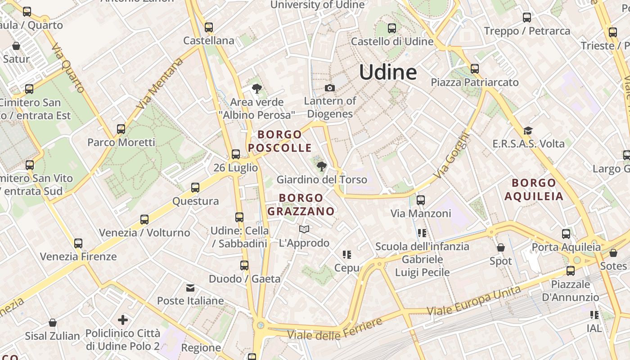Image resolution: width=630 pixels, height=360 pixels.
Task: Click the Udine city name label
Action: click(x=388, y=72)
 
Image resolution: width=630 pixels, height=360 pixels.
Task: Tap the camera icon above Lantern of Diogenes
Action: click(x=330, y=88)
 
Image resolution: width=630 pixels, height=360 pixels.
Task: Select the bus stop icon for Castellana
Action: click(x=208, y=27)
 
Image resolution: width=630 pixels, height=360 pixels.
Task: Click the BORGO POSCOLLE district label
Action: click(x=279, y=141)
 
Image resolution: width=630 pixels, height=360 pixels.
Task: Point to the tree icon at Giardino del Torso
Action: click(x=321, y=167)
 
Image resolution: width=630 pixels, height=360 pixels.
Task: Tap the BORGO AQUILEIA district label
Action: click(x=534, y=189)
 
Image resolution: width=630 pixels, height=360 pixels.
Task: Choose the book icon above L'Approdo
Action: click(x=304, y=229)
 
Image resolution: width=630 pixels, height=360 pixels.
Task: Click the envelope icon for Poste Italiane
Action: click(x=190, y=288)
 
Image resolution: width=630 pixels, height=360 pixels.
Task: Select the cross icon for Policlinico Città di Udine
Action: click(x=122, y=320)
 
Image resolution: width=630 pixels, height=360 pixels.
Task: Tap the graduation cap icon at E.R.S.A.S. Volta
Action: click(x=528, y=131)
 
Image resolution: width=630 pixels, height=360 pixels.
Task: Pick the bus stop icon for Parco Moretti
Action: click(x=121, y=129)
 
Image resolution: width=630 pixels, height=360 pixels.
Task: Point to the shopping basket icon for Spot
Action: click(x=500, y=248)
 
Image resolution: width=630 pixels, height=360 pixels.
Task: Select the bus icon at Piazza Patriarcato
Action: click(x=475, y=69)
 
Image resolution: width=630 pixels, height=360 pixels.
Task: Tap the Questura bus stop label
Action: click(x=196, y=201)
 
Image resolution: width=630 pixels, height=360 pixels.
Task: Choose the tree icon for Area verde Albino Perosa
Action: click(x=257, y=89)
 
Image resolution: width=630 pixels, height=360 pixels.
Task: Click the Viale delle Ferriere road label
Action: click(x=335, y=329)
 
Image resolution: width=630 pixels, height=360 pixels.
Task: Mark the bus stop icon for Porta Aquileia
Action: click(x=566, y=234)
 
